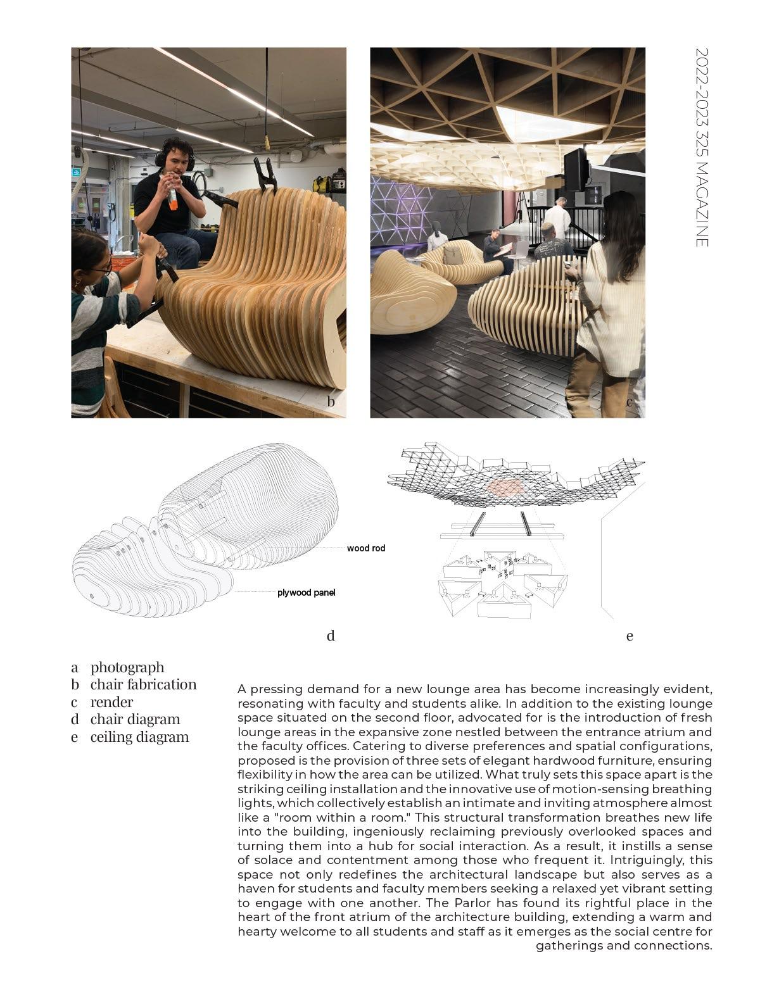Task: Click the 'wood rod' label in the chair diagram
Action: coord(365,548)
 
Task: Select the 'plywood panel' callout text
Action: coord(306,593)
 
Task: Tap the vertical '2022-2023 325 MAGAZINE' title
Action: coord(702,147)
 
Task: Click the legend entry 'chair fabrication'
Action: coord(143,685)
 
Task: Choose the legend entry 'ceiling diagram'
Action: coord(139,737)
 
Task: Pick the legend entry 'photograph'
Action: coord(127,667)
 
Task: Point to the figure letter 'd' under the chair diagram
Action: coord(331,636)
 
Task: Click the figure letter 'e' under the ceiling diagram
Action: coord(630,636)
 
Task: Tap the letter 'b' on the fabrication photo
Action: coord(331,401)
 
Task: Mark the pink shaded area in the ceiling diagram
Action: coord(505,486)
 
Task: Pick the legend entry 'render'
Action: coord(111,702)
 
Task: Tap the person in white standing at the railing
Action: coord(557,216)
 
